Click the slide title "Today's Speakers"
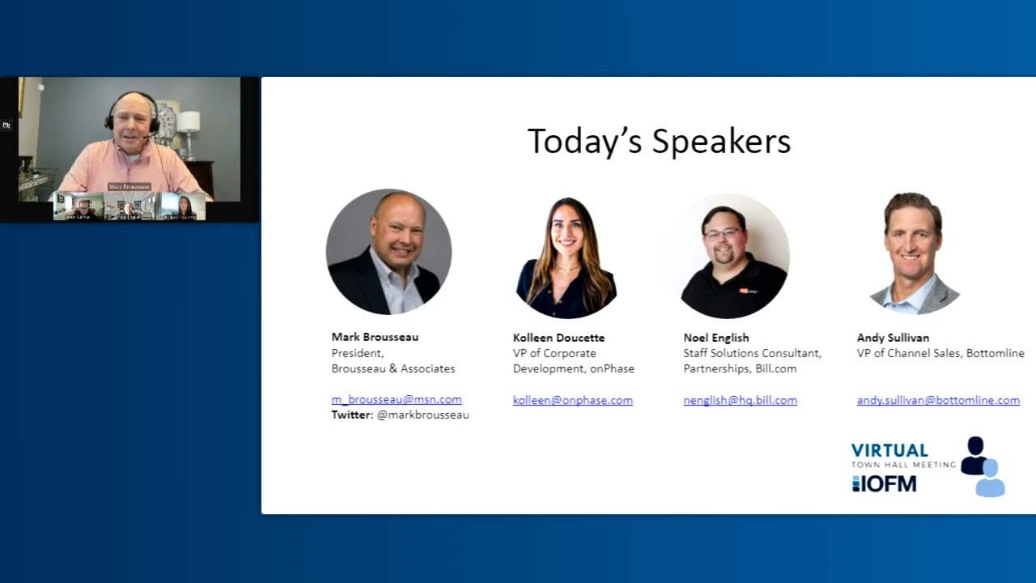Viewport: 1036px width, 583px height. [659, 141]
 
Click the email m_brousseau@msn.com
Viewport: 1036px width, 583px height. [396, 399]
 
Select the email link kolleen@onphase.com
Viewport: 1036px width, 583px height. [572, 400]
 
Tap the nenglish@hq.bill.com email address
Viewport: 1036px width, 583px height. [740, 400]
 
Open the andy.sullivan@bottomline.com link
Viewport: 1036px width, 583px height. [938, 400]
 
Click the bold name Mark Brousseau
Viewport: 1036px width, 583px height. [375, 337]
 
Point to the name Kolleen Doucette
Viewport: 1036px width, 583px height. [558, 338]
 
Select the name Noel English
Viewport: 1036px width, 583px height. [715, 338]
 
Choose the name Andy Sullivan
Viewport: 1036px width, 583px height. [893, 338]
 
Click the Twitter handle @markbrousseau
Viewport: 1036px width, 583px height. [422, 415]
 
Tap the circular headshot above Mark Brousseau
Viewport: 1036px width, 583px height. [388, 252]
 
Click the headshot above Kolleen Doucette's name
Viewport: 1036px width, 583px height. [566, 255]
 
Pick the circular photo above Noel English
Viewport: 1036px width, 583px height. [732, 255]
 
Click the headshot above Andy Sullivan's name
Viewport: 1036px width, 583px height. [914, 253]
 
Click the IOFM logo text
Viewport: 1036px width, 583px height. [884, 483]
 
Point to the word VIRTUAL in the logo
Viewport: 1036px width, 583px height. [889, 450]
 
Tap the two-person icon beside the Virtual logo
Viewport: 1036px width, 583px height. [982, 466]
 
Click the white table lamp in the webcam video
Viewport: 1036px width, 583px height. [188, 124]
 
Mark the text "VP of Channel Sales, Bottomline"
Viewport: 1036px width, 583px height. [940, 353]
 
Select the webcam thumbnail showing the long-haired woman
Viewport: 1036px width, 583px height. [182, 206]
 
